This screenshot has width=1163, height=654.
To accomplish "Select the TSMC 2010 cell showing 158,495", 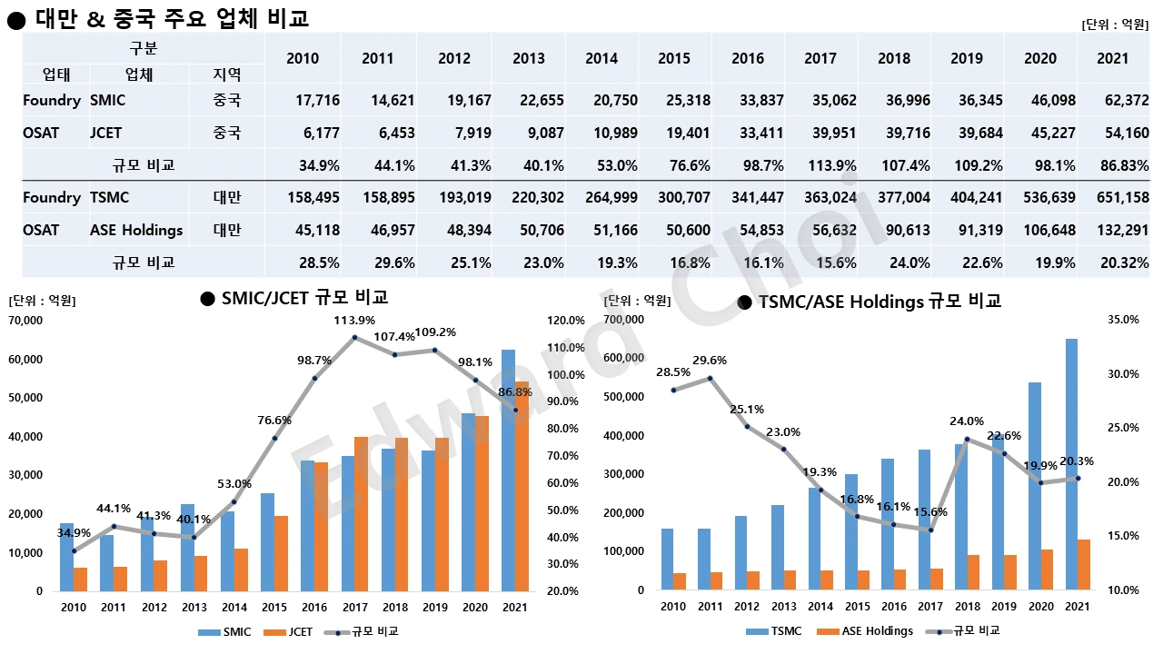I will click(x=312, y=197).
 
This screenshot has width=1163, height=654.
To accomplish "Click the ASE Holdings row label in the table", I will click(x=136, y=230).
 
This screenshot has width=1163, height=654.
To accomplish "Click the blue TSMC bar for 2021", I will click(x=1070, y=464).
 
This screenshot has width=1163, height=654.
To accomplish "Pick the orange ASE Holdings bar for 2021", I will click(x=1084, y=564).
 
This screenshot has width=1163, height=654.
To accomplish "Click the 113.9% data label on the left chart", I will click(x=354, y=320).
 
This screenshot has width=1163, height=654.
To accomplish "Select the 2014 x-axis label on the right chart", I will click(x=820, y=607).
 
